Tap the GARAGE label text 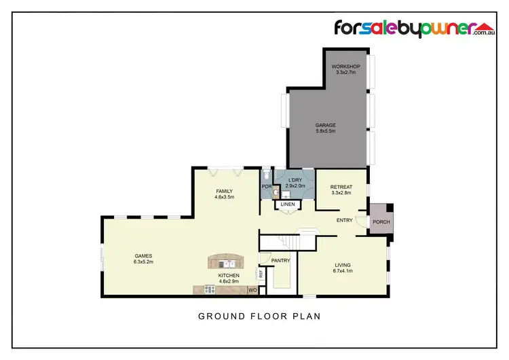(x=325, y=125)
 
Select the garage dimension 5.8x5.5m (x=325, y=131)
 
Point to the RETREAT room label (x=341, y=187)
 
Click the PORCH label (x=380, y=221)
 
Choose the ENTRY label (x=345, y=220)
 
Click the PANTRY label (x=280, y=260)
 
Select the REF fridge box (x=260, y=274)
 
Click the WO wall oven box (x=252, y=290)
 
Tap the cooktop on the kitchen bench (x=210, y=289)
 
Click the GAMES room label (x=143, y=255)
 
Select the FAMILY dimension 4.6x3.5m (x=224, y=198)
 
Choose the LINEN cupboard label (x=288, y=204)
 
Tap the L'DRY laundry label (x=296, y=179)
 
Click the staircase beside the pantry (x=289, y=241)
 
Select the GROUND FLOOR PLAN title (x=259, y=316)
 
